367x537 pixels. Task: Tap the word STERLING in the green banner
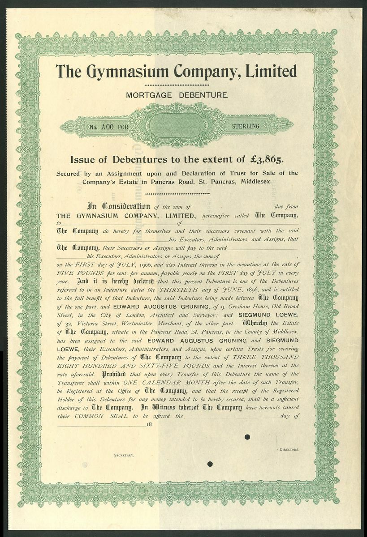pos(246,127)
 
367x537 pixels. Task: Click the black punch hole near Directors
pos(246,437)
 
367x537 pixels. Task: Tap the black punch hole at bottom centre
pos(210,465)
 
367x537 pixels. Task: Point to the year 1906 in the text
pos(131,265)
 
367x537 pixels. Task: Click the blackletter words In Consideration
pos(118,206)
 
